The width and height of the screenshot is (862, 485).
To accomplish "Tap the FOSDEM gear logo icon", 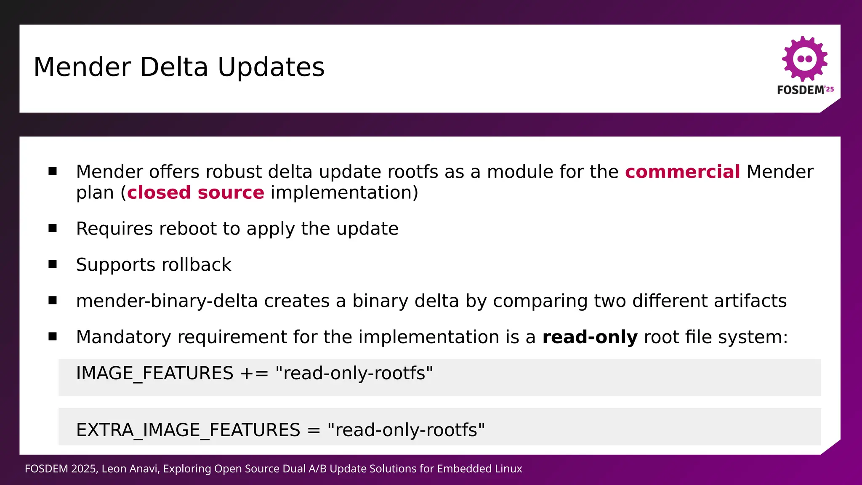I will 804,59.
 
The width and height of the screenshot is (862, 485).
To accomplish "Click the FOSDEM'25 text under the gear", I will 805,90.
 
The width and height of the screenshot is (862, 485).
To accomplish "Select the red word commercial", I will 682,172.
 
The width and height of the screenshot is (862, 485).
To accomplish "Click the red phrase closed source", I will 196,192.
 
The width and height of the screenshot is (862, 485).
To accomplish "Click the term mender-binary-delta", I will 167,301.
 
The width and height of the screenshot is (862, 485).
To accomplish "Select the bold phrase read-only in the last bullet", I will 590,337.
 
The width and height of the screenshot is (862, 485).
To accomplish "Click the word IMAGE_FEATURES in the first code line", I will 154,373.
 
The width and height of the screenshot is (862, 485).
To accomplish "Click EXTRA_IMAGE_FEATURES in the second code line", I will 188,430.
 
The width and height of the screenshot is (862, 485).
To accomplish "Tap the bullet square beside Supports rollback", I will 53,264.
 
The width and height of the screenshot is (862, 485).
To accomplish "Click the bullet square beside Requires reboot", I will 53,228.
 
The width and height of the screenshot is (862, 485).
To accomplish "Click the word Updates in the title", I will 271,67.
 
